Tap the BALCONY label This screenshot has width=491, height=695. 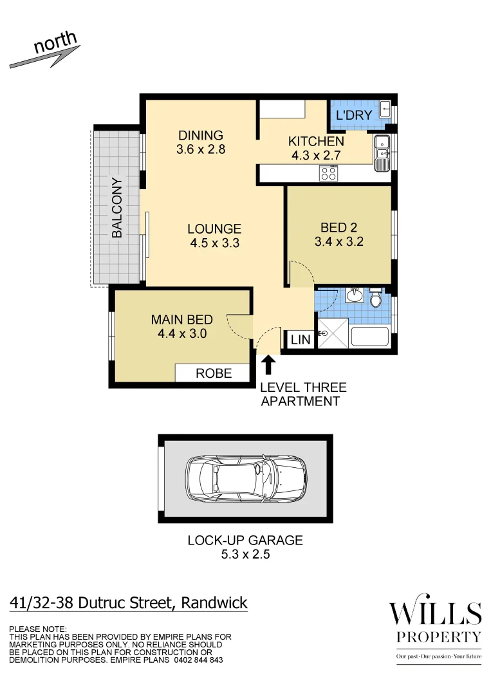(x=117, y=208)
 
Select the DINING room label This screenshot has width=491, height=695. (x=201, y=135)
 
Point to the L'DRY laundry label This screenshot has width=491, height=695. (x=355, y=116)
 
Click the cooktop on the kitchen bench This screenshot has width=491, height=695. (x=329, y=172)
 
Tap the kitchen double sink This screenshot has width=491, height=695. (x=382, y=154)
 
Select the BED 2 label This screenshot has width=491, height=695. (x=338, y=228)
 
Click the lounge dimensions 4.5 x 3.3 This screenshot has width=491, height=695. (x=214, y=243)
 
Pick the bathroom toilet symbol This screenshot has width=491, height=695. (x=376, y=299)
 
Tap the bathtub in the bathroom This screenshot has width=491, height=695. (x=369, y=338)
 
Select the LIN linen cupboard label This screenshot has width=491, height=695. (x=301, y=340)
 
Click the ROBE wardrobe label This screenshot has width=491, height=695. (x=214, y=373)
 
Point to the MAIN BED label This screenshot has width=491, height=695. (x=181, y=320)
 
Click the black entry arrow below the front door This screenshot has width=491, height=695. (x=268, y=366)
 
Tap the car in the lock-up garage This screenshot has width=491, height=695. (x=246, y=480)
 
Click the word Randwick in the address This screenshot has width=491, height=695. (x=214, y=603)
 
